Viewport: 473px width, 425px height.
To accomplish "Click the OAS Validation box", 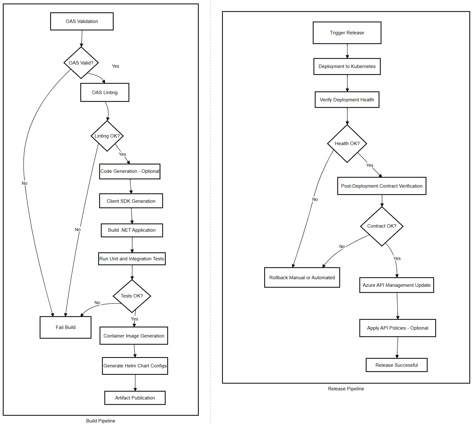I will [82, 21].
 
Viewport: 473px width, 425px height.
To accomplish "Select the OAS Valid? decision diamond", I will [81, 63].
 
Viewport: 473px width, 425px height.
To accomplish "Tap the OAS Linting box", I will [105, 93].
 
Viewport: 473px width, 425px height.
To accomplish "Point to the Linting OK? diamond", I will [107, 136].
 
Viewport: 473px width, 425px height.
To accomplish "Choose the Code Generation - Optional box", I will [130, 171].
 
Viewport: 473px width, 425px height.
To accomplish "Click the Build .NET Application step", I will [132, 230].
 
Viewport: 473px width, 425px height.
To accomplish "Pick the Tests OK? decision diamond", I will [132, 296].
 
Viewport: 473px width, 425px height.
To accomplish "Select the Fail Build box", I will [66, 327].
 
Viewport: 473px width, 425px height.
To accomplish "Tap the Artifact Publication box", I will [135, 398].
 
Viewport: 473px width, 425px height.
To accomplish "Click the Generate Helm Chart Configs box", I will [135, 366].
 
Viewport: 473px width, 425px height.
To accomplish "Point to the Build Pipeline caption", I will [101, 421].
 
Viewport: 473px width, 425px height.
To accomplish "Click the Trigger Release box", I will [347, 33].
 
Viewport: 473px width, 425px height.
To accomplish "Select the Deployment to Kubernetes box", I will [347, 66].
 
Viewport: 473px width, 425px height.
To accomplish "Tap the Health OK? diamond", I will [347, 144].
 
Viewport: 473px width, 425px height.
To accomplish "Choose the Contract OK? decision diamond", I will [382, 226].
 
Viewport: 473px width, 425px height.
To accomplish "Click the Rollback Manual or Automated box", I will [302, 278].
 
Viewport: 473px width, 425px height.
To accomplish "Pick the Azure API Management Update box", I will [396, 285].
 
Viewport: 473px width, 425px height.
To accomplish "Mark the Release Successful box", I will [396, 365].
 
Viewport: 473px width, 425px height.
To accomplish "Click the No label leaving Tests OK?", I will [97, 303].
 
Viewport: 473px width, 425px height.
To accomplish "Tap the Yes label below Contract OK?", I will [397, 258].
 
